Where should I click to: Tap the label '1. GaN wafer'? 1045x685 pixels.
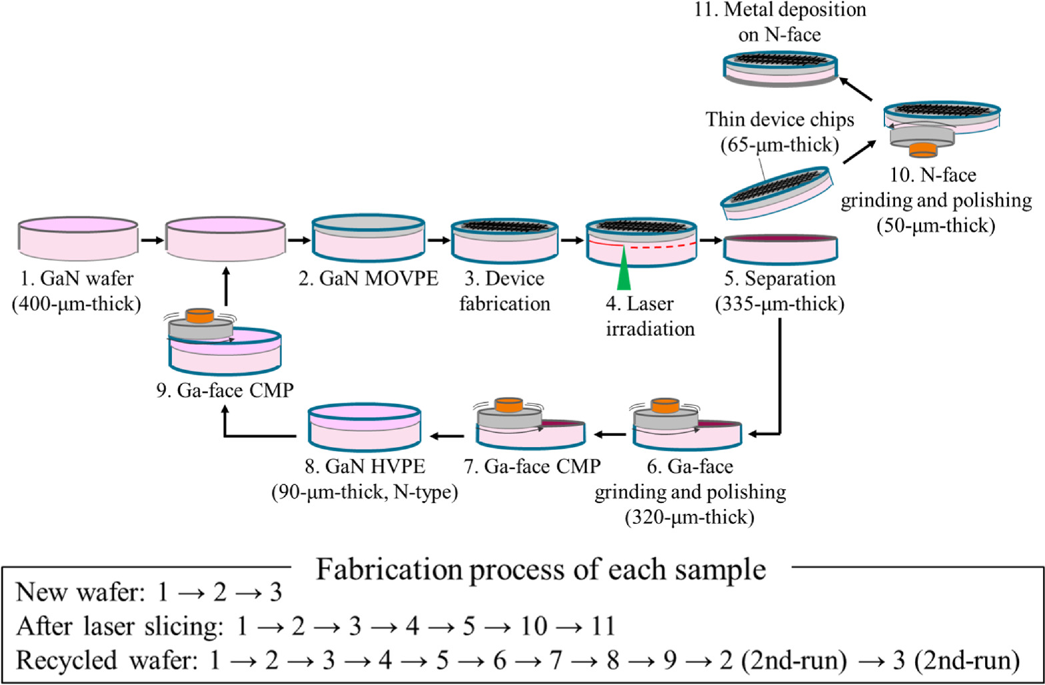click(x=77, y=279)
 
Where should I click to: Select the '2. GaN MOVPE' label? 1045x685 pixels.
click(x=369, y=278)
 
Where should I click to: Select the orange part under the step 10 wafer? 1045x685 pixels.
click(x=923, y=149)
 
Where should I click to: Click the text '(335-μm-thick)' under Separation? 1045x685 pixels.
click(x=779, y=303)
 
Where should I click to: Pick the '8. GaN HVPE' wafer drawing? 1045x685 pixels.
click(x=364, y=426)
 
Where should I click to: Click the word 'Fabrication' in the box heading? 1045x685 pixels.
click(x=387, y=570)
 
